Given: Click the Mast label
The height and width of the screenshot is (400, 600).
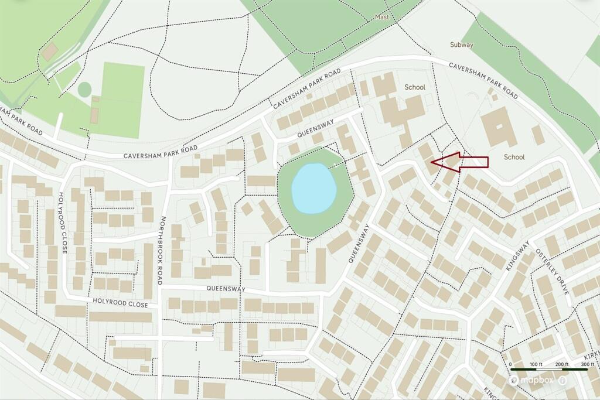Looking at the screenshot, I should (x=382, y=18).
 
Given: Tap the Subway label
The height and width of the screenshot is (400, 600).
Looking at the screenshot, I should (x=462, y=45).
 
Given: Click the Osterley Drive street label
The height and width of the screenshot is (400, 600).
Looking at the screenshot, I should (x=553, y=270).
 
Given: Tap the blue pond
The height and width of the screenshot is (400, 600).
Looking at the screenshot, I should (x=314, y=188).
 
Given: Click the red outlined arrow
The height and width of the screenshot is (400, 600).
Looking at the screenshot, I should (x=460, y=162).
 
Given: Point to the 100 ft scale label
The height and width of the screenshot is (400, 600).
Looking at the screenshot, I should (x=536, y=364).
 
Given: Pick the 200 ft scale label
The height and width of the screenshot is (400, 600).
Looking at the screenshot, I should (x=561, y=364).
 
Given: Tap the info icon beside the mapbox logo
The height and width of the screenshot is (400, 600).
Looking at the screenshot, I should (x=562, y=381).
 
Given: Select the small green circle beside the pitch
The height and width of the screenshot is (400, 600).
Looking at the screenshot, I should (x=84, y=90).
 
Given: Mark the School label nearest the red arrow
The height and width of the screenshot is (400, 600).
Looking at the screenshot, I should (x=514, y=157).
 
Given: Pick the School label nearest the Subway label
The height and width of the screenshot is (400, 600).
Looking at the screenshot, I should (x=415, y=87).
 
